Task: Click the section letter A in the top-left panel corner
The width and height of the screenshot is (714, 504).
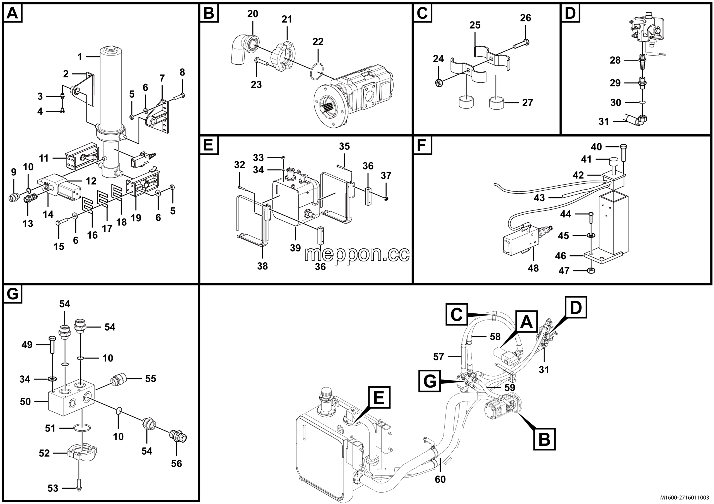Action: (13, 13)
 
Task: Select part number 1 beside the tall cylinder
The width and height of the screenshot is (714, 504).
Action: (79, 57)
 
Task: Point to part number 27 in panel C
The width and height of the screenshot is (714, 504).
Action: (527, 103)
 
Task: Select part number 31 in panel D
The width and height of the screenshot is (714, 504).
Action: (604, 122)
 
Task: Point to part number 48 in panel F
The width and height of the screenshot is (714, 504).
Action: (533, 268)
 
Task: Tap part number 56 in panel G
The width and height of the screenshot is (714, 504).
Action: (176, 463)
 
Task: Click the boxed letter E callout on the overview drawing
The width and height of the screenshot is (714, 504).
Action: (379, 398)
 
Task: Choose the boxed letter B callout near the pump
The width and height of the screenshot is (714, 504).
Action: (544, 439)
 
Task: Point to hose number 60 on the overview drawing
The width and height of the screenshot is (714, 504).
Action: (440, 479)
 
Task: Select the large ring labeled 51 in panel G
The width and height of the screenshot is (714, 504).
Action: (82, 428)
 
